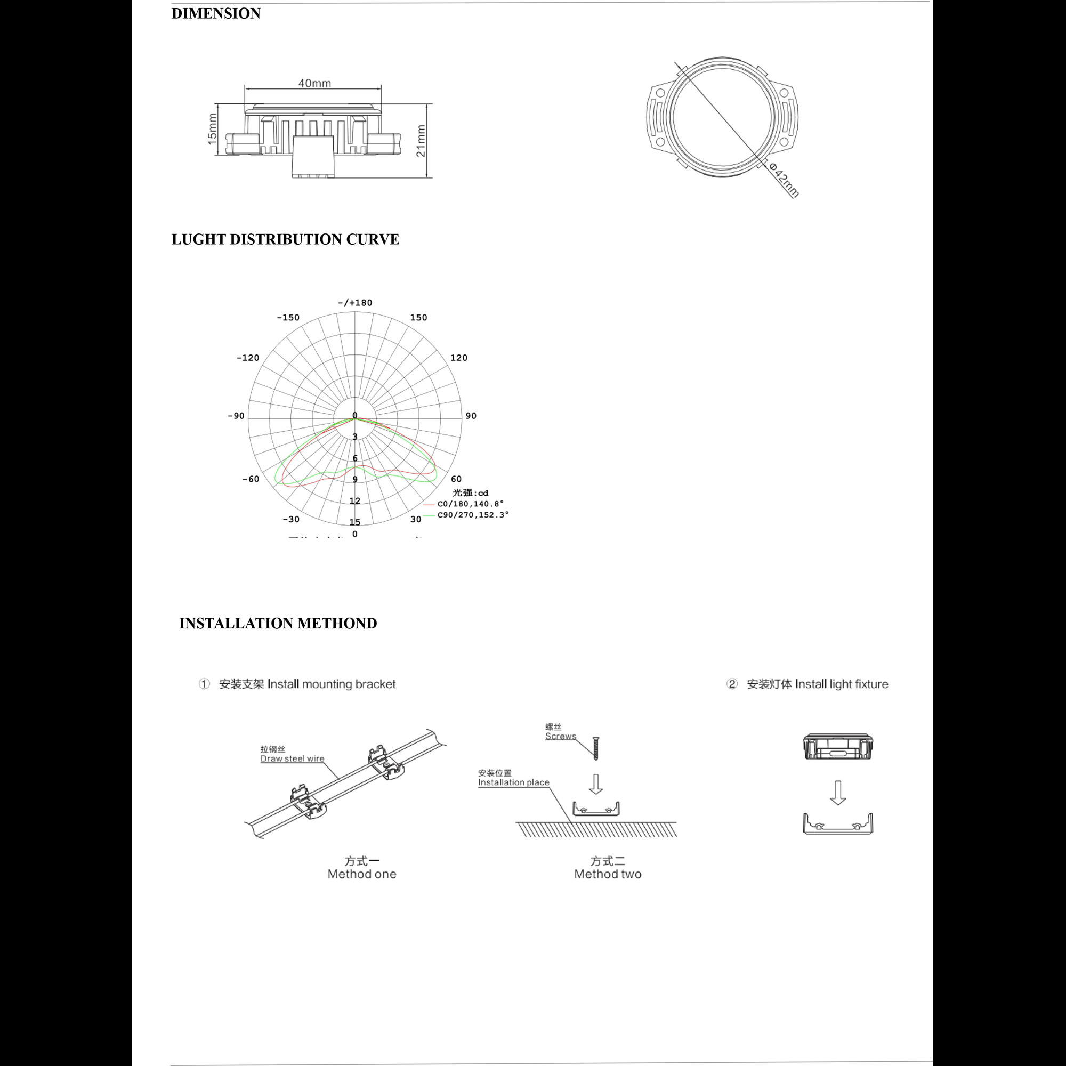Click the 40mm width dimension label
[314, 83]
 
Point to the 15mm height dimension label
[213, 130]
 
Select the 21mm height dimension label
[421, 141]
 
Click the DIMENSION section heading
[216, 13]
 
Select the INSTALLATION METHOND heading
[278, 624]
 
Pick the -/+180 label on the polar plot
[355, 303]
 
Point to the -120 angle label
[248, 358]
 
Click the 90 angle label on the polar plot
[471, 416]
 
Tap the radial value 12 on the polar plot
[355, 501]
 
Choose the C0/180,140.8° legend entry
[470, 504]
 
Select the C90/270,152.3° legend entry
[473, 515]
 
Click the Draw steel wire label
[293, 758]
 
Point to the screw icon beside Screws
[596, 748]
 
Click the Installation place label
[513, 782]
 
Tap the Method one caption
[362, 874]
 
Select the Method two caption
[608, 874]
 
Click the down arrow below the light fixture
[837, 793]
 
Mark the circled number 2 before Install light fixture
[732, 684]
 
